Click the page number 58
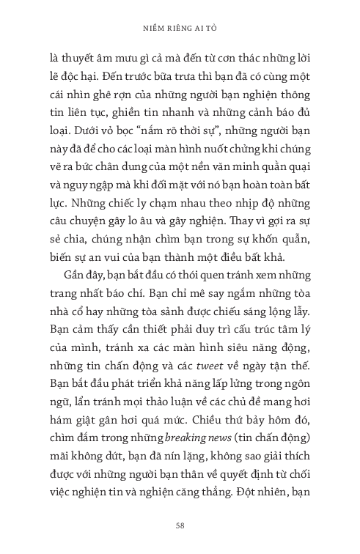tap(180, 525)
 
